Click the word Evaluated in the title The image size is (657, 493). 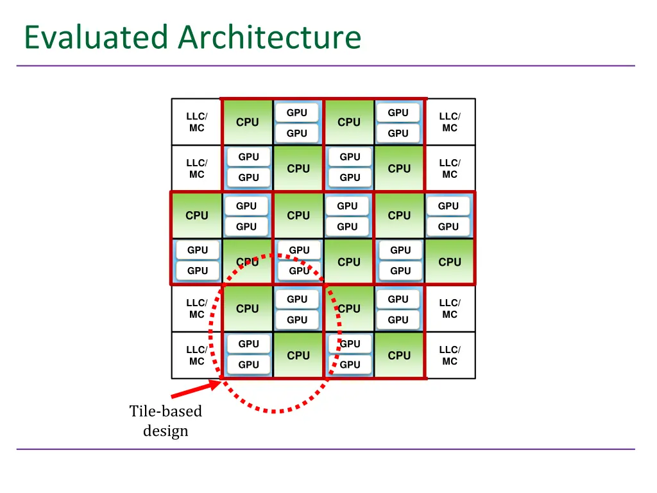click(x=97, y=37)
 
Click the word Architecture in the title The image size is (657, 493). click(x=269, y=37)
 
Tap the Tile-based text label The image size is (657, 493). click(x=166, y=411)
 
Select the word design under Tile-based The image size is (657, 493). click(x=166, y=431)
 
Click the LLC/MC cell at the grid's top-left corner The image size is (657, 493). click(x=196, y=122)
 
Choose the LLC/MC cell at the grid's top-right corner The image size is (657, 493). click(x=450, y=122)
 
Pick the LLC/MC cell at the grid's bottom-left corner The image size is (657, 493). click(x=196, y=356)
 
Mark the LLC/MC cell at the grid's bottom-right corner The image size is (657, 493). click(x=450, y=356)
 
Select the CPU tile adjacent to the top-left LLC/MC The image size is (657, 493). click(x=247, y=122)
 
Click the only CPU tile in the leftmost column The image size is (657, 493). click(x=196, y=216)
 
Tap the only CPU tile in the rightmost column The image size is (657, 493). click(x=450, y=262)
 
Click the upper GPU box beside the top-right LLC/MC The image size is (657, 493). click(x=398, y=113)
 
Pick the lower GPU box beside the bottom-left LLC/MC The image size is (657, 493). click(x=248, y=365)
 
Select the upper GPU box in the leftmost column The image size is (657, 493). click(x=198, y=250)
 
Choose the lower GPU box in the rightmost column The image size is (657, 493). click(x=448, y=227)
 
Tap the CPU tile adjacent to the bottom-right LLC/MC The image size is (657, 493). click(x=399, y=356)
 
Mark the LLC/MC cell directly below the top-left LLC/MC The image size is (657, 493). click(x=196, y=169)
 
